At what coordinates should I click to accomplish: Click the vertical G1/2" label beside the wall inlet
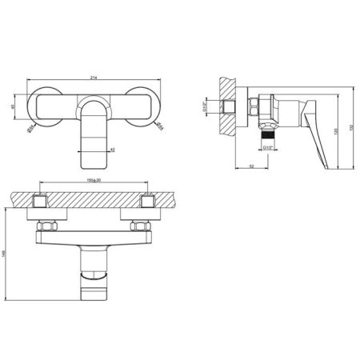(x=225, y=107)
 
